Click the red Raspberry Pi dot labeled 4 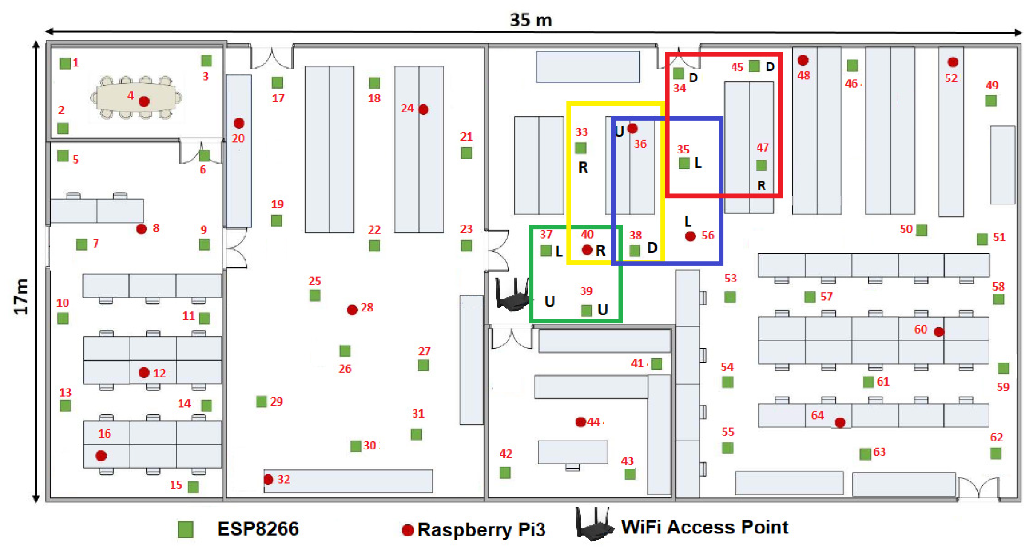tap(144, 101)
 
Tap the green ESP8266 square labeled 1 tap(65, 64)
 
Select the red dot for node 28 tap(352, 310)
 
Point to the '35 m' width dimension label tap(531, 20)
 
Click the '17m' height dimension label tap(21, 297)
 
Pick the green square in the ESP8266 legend tap(185, 529)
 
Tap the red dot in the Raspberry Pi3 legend tap(408, 530)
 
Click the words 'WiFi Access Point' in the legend tap(704, 527)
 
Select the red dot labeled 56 tap(691, 236)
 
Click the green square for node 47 tap(761, 165)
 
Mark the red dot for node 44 tap(580, 422)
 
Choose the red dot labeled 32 tap(268, 480)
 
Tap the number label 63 tap(879, 452)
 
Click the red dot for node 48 tap(803, 60)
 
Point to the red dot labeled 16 tap(101, 456)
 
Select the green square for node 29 tap(261, 401)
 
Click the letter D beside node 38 tap(652, 248)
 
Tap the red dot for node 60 tap(939, 332)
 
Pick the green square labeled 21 tap(466, 153)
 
